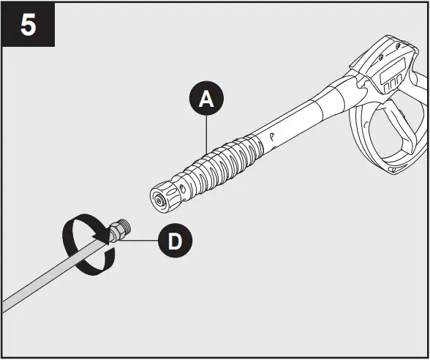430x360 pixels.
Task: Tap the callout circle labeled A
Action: tap(206, 100)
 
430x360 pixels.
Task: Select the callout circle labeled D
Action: tap(175, 241)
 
